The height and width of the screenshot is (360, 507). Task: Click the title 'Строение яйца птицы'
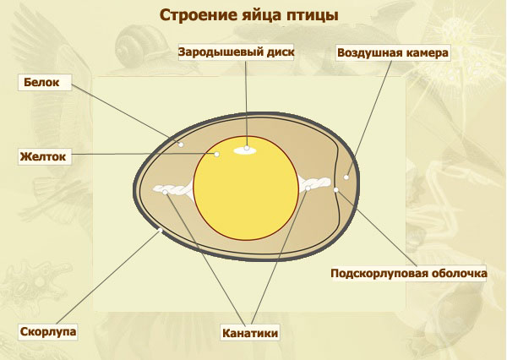(x=249, y=15)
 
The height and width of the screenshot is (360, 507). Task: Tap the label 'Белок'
(x=41, y=82)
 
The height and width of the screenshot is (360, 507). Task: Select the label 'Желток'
(x=43, y=156)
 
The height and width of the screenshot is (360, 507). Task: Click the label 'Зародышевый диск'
(x=236, y=52)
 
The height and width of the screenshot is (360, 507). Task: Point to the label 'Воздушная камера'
(x=393, y=52)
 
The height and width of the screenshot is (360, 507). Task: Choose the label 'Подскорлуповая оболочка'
(x=409, y=273)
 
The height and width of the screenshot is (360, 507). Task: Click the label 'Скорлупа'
(x=48, y=331)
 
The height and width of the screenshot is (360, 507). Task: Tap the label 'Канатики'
(x=250, y=333)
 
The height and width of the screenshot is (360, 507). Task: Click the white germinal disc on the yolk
(x=245, y=150)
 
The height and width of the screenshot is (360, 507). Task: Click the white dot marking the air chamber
(x=346, y=177)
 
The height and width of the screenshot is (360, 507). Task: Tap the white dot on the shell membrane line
(x=336, y=190)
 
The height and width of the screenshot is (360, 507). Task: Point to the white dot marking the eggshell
(x=160, y=231)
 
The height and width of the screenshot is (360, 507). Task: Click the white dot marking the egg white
(x=181, y=145)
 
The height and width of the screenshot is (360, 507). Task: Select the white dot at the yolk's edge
(x=217, y=155)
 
